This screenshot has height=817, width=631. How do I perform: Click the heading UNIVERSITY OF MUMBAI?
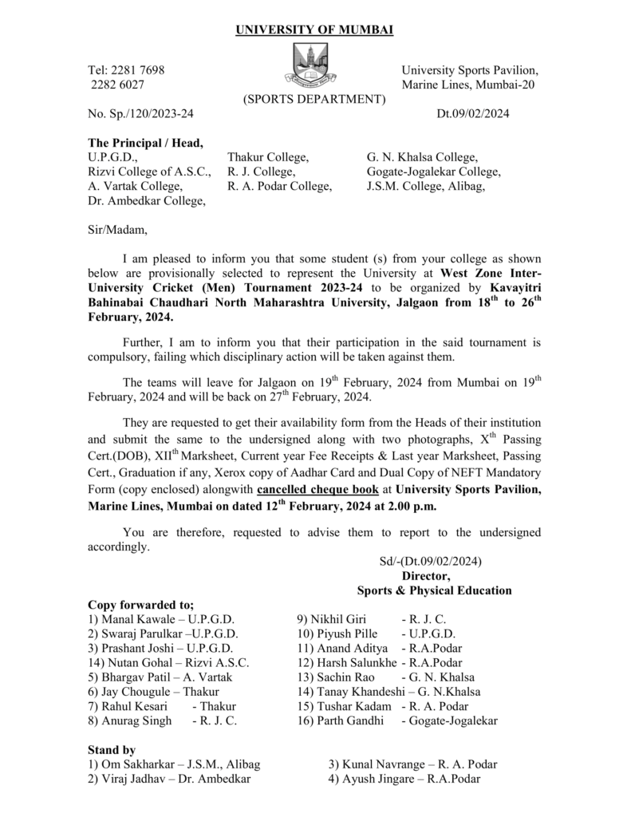(x=314, y=30)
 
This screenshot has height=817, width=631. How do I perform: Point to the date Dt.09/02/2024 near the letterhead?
(x=473, y=114)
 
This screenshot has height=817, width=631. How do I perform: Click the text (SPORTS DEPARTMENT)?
(x=314, y=100)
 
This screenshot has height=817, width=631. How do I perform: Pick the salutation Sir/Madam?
(x=117, y=231)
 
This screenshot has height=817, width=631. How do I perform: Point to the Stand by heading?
(x=112, y=750)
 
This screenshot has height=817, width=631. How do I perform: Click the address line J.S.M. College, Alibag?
(x=426, y=187)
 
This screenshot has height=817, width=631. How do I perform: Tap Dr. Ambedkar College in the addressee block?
(x=146, y=201)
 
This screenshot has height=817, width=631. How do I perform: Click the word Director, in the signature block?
(x=426, y=576)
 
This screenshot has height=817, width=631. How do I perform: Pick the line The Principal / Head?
(x=145, y=144)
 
